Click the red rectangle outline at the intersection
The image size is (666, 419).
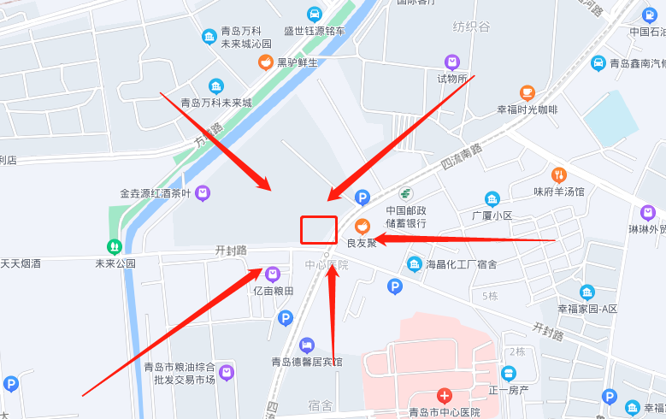point(318,230)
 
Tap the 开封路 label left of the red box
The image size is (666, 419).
point(231,251)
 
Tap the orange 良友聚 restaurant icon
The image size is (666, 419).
point(362,226)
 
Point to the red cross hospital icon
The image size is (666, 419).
point(444,395)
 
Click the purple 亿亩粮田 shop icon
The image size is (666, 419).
point(273,274)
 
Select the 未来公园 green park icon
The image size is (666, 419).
point(115,246)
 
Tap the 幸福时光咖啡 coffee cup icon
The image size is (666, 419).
point(527,92)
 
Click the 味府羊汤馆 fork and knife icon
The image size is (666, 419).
point(559,175)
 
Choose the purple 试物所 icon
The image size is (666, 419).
point(452,62)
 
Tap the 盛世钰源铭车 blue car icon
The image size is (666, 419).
point(315,14)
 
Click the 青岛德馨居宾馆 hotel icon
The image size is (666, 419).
point(307,345)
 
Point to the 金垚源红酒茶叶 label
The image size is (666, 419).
point(156,192)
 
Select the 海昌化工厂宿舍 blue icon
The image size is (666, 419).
point(415,264)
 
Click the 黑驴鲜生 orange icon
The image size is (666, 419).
point(266,62)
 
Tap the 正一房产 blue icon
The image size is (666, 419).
point(510,374)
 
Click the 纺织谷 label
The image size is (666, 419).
point(471,27)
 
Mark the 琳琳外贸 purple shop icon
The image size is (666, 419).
point(647,212)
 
